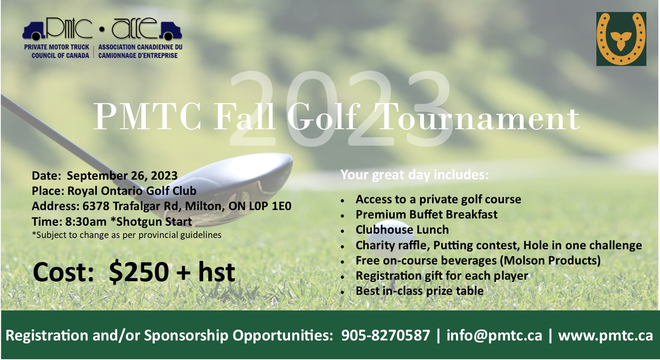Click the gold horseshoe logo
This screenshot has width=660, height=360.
point(621,39)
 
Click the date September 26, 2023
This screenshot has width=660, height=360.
point(122,176)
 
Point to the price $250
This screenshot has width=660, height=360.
point(139,272)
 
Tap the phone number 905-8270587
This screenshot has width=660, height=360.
point(385,335)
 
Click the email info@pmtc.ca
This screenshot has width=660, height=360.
point(494,335)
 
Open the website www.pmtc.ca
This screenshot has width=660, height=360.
point(606,336)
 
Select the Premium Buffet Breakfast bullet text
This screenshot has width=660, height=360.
point(426,214)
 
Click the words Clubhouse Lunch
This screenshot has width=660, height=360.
point(402,230)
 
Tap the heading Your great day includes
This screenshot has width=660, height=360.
point(414,175)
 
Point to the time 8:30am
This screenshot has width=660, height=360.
point(86,222)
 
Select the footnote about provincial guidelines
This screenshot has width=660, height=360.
point(126,235)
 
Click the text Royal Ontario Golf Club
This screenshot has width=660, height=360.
point(132,191)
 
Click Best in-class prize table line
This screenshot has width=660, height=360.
point(420,291)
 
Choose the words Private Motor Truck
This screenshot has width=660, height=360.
point(56,47)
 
